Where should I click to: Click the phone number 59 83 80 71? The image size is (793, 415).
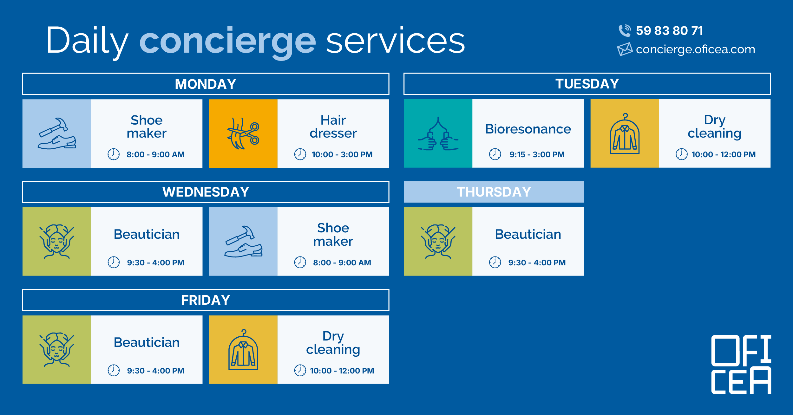669,31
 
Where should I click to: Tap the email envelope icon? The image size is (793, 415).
625,49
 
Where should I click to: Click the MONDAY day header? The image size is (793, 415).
206,84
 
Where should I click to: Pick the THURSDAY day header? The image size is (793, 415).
494,192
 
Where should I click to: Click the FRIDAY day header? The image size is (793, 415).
206,300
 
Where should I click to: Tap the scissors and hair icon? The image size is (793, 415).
243,133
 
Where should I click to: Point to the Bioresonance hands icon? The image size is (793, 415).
438,133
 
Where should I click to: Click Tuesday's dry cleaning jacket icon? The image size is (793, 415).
625,133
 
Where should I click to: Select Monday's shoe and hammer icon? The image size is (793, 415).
57,133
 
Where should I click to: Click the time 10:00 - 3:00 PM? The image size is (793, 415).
342,154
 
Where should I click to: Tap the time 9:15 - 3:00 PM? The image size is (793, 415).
537,154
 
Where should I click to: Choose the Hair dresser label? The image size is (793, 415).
333,126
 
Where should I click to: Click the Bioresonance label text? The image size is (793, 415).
528,129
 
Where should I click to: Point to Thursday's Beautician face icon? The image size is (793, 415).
438,242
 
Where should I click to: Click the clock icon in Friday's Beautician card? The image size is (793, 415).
114,370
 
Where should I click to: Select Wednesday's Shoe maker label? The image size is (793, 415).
333,235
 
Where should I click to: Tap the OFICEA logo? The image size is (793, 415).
741,365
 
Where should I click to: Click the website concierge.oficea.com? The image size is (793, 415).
695,49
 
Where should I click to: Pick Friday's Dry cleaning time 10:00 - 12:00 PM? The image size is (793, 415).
342,371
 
